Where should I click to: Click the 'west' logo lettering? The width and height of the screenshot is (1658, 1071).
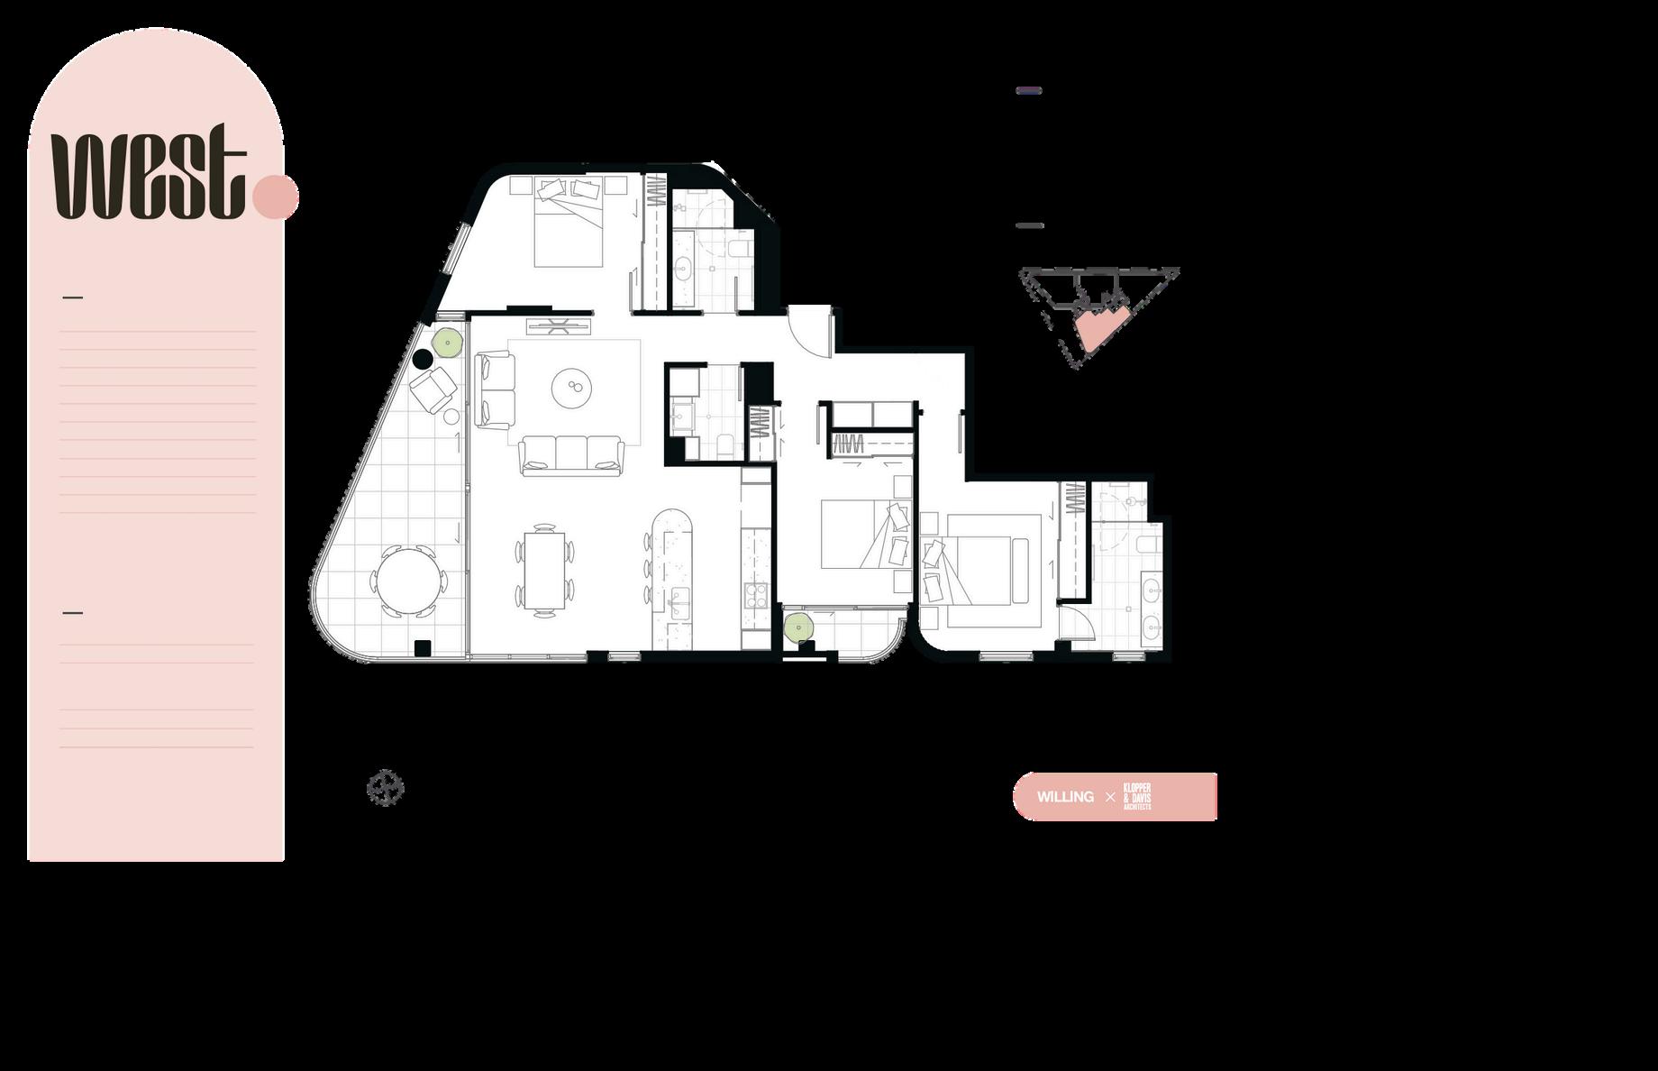coord(149,176)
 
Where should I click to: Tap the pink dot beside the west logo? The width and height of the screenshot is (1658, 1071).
coord(276,197)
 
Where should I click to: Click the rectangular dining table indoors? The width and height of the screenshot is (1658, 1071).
coord(543,569)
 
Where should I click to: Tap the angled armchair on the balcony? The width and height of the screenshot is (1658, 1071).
coord(433,388)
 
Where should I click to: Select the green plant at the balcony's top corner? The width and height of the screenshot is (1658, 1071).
coord(448,342)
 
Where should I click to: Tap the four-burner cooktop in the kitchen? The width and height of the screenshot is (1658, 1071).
coord(753,595)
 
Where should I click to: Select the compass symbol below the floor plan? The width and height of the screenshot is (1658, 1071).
coord(385,788)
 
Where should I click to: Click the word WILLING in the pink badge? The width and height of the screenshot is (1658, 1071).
coord(1065,797)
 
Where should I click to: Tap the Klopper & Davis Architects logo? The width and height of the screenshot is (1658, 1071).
coord(1137,797)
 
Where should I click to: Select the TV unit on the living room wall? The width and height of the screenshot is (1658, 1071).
coord(559,325)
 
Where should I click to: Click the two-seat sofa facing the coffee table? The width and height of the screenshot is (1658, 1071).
coord(495,390)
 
